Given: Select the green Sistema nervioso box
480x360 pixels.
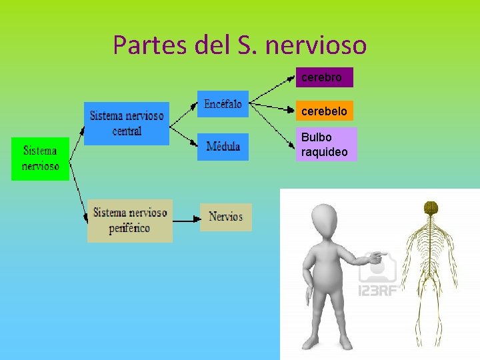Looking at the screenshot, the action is pos(40,159).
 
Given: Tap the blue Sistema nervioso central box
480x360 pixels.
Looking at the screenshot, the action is pos(127,123).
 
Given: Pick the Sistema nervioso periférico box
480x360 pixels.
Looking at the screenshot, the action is pos(130,221).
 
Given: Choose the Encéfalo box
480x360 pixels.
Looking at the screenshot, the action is pos(223,104).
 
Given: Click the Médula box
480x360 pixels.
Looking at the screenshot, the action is pos(223,147).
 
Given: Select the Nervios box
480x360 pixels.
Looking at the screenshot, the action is pos(226,217).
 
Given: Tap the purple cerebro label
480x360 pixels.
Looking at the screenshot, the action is pos(324,77).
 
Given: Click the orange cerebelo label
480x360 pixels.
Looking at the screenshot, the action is pos(324,111).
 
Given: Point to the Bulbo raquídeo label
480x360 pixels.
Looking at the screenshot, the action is pos(326,145).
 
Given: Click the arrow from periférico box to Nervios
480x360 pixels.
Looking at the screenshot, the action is pos(186,217).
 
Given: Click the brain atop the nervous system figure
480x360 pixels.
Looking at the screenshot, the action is pos(431,208).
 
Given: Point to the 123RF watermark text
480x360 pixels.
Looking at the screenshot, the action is pos(378,290).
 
